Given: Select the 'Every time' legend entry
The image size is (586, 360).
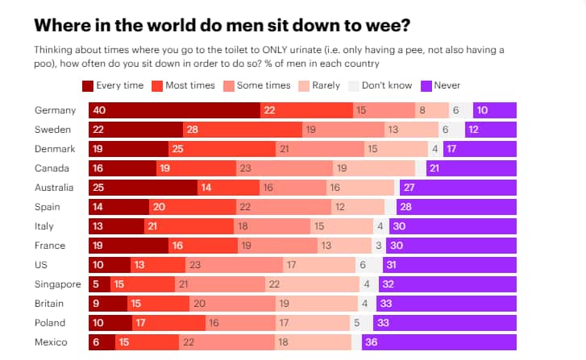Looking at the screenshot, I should (112, 85).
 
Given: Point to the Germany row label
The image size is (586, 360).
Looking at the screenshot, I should (56, 110).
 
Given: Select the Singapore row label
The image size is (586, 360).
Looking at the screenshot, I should (58, 284).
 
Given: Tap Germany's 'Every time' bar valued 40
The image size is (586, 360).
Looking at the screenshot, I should (174, 110).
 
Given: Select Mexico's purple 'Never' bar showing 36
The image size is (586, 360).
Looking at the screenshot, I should (438, 342).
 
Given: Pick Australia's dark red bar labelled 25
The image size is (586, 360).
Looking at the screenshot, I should (143, 188).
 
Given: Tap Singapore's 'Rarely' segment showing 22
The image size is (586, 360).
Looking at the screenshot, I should (312, 284).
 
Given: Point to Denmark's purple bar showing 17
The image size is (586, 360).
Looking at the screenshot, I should (480, 149).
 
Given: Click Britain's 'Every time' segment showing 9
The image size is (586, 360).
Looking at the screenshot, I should (107, 304).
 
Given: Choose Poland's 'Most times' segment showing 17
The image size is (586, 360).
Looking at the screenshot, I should (168, 323).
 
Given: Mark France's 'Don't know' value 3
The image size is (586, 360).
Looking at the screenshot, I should (377, 246).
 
